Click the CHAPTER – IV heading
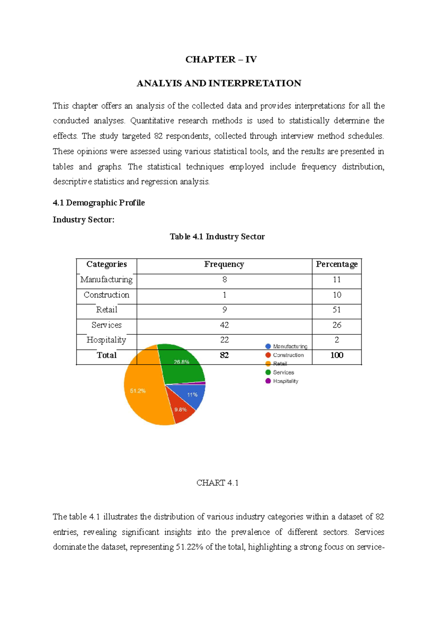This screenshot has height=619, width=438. coord(221,59)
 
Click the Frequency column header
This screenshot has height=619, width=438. coord(224,264)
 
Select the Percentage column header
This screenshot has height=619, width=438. coord(337,264)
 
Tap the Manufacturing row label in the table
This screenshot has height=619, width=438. coord(106,280)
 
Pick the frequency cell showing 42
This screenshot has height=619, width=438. coord(224,325)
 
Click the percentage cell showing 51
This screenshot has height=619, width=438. coord(337,310)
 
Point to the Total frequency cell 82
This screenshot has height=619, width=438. coord(224,355)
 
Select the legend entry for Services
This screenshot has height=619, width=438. coord(283,372)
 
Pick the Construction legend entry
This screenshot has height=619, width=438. coord(288,355)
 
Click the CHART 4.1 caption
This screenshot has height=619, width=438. coord(218,483)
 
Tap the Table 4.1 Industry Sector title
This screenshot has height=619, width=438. coord(217,237)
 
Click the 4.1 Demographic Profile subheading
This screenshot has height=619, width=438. coord(99,203)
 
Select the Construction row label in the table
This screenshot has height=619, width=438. coord(106,295)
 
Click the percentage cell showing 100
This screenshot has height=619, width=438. coord(337,355)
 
